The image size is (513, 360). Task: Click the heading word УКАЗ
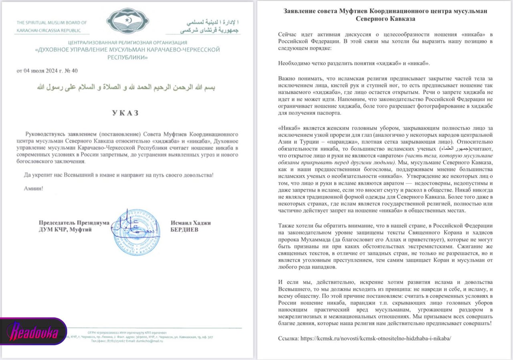tap(125, 113)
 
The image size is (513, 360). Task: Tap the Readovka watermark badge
tap(34, 332)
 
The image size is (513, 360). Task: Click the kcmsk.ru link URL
tap(376, 338)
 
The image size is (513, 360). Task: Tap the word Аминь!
tap(33, 188)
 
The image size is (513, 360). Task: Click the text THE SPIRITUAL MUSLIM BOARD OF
tap(52, 23)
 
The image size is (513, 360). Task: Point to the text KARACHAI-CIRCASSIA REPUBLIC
tap(48, 30)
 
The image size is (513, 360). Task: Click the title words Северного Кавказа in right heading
tap(385, 18)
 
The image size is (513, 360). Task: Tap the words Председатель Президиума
tap(74, 223)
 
